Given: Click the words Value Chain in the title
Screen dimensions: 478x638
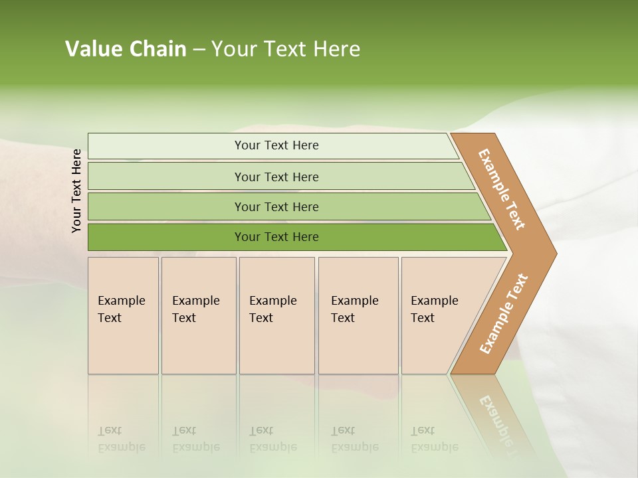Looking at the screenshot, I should pos(126,49).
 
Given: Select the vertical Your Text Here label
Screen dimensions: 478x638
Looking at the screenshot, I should pos(76,191).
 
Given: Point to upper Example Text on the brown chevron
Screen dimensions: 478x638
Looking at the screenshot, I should pos(502,189).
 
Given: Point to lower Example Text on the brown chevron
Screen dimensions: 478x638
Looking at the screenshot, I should pos(504,314).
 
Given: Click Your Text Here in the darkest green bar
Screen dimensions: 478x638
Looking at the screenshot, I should pos(276,237).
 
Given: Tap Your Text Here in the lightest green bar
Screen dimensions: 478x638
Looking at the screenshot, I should pos(276,145).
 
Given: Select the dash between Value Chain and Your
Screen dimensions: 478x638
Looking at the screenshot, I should pos(199,50).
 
